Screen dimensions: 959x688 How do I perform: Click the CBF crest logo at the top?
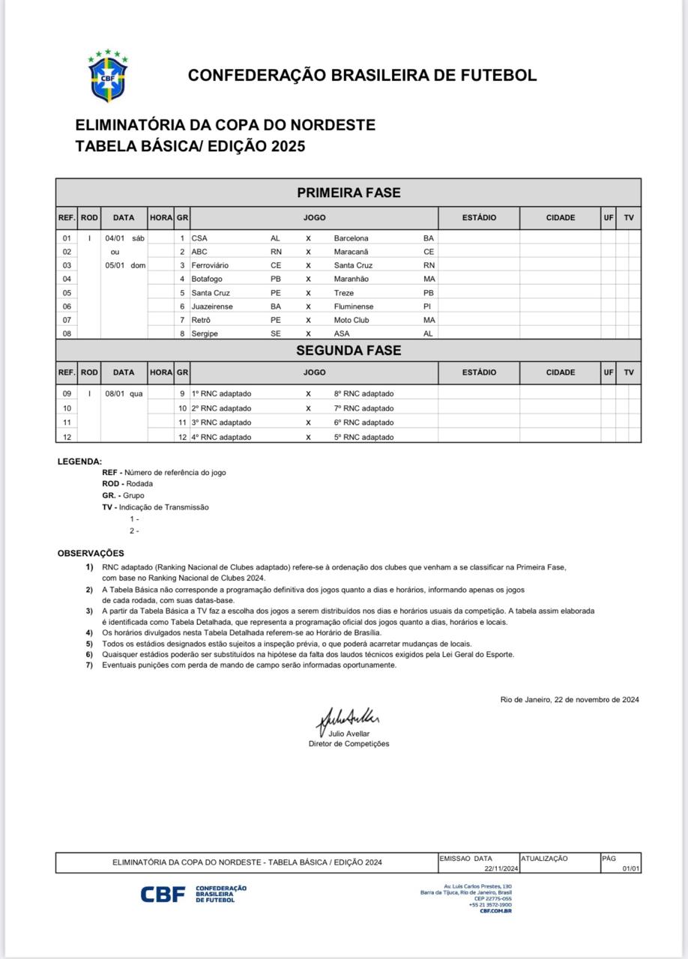[x=108, y=76]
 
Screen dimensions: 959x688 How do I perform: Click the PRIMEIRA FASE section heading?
[x=348, y=193]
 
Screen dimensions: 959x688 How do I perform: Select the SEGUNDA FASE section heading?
[x=348, y=350]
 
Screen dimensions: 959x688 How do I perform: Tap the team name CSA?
[x=199, y=238]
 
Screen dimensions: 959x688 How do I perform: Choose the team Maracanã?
[x=351, y=252]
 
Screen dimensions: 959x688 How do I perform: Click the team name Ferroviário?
[x=210, y=265]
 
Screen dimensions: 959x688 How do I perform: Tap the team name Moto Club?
[x=351, y=320]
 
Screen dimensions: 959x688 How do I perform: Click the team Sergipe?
[x=205, y=333]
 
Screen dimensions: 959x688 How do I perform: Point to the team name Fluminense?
[x=354, y=306]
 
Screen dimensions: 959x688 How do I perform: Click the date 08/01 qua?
[x=124, y=393]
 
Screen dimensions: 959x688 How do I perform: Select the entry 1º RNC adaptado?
[x=222, y=393]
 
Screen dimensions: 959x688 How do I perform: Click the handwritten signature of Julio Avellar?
[x=349, y=719]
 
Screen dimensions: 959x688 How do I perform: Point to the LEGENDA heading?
[x=79, y=462]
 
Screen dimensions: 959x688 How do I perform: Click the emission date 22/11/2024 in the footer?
[x=501, y=868]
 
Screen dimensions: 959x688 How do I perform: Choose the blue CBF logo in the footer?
[x=163, y=894]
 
